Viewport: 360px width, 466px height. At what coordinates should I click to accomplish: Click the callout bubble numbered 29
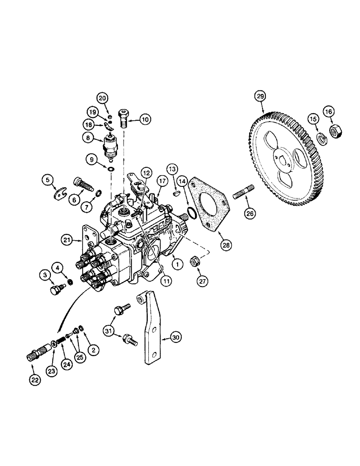[x=260, y=96]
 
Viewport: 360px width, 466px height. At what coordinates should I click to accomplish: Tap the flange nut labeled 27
[x=196, y=262]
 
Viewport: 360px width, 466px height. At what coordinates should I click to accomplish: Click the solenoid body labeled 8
[x=113, y=145]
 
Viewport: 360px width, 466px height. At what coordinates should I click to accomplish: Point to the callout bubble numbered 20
[x=102, y=97]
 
